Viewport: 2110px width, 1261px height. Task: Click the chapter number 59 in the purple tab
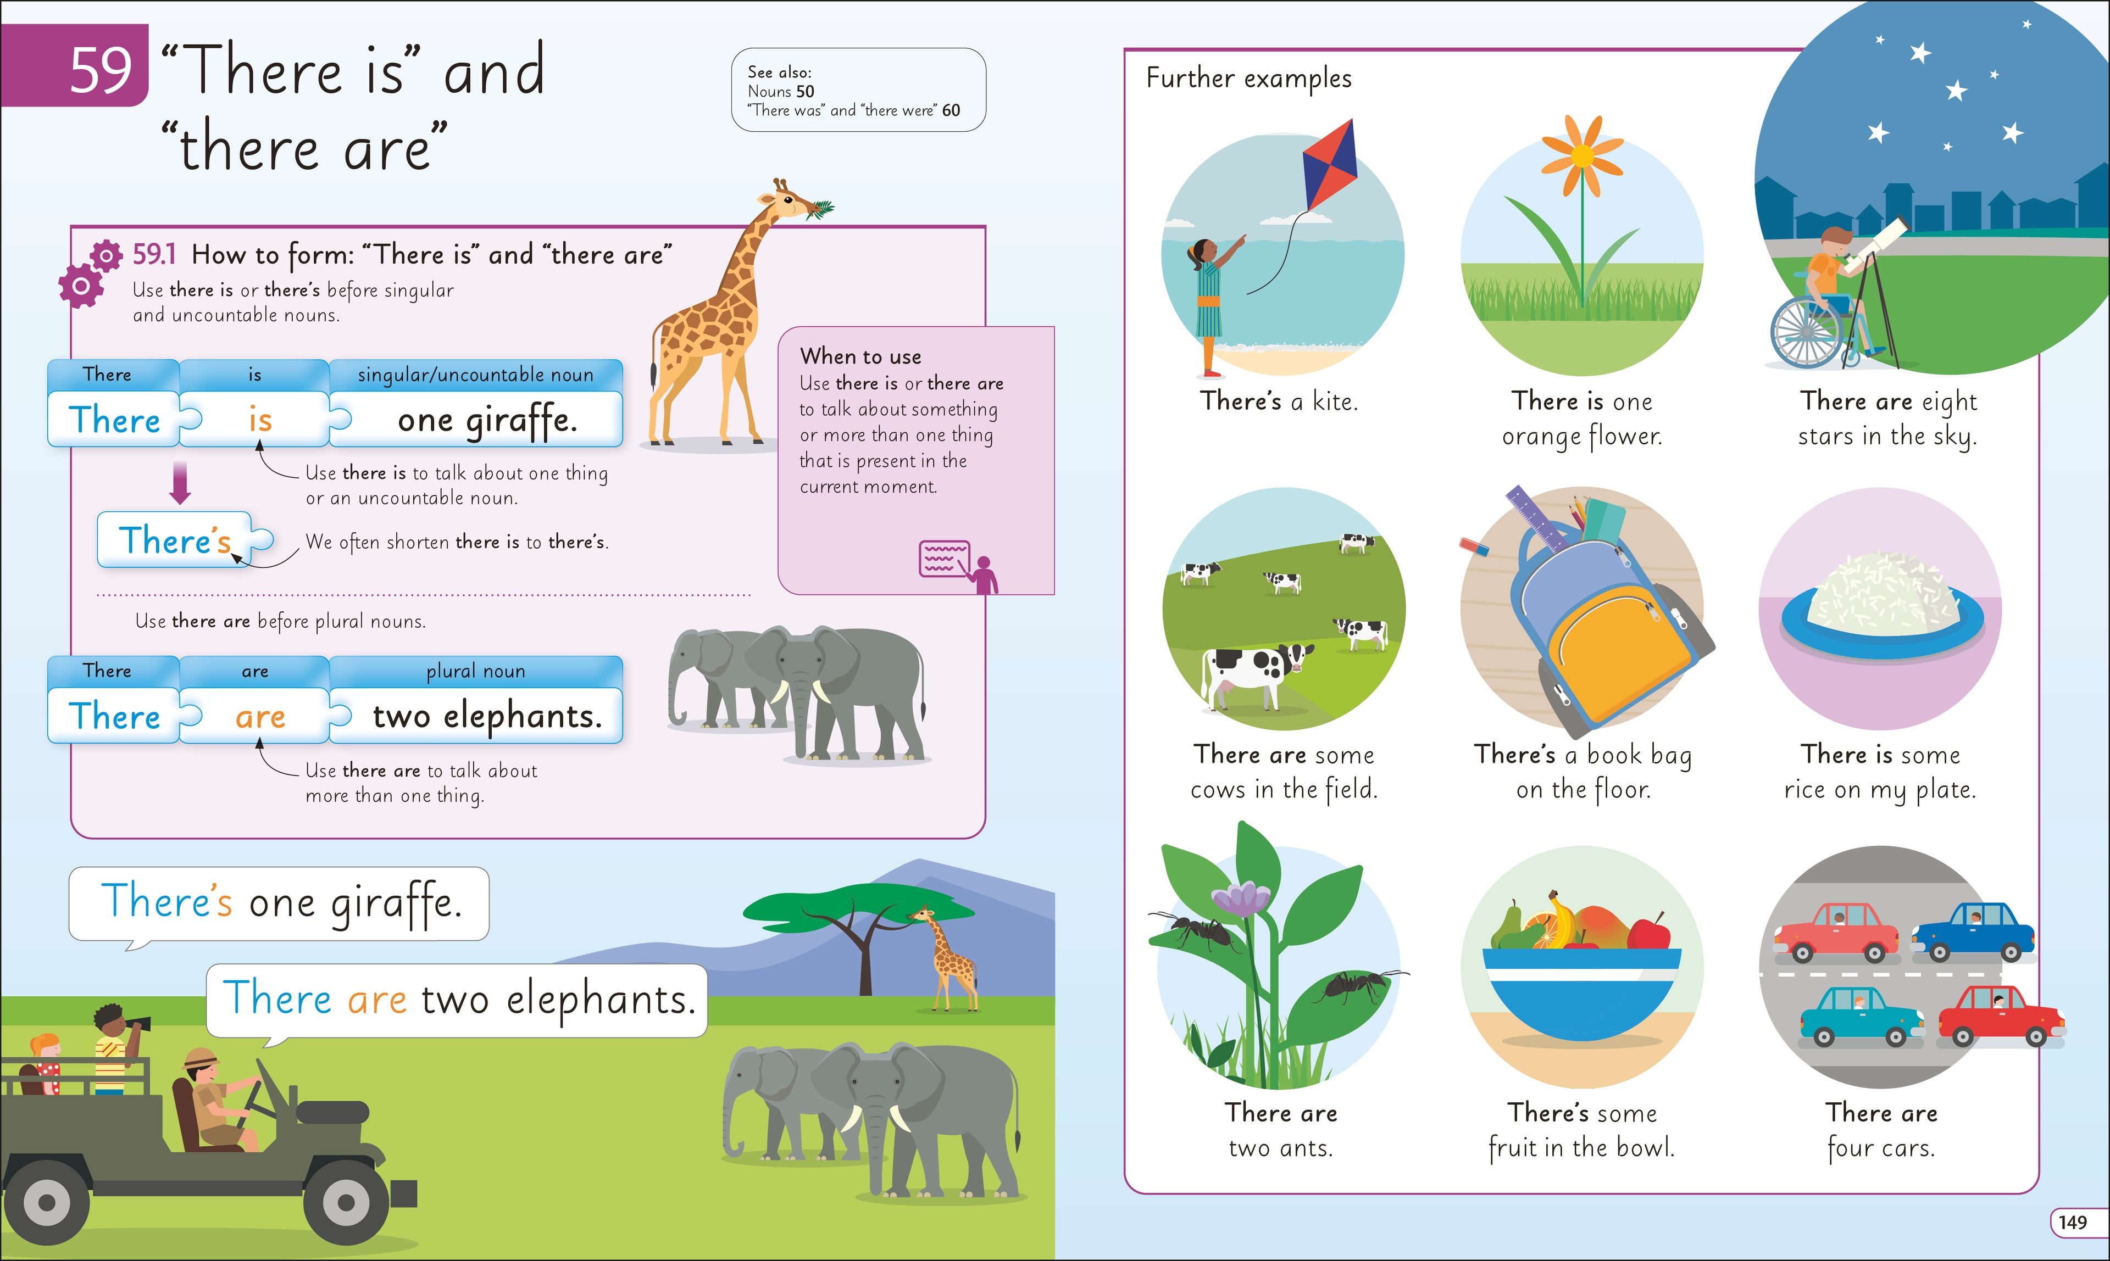pyautogui.click(x=101, y=70)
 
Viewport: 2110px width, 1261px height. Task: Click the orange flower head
pyautogui.click(x=1582, y=155)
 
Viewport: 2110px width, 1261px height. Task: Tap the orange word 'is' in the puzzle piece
pyautogui.click(x=260, y=420)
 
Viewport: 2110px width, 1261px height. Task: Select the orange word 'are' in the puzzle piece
pyautogui.click(x=260, y=716)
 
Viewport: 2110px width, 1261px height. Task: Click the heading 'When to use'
pyautogui.click(x=860, y=356)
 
